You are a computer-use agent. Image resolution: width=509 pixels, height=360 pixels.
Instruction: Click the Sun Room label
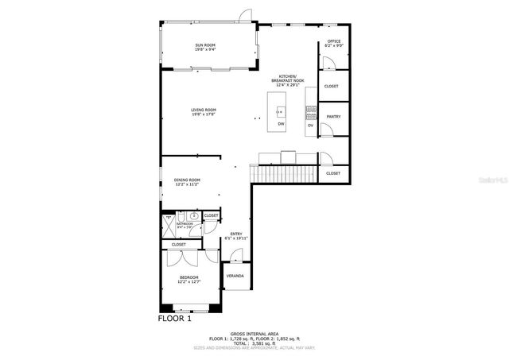206,45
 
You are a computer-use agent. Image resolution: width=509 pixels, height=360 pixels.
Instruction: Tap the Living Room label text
204,110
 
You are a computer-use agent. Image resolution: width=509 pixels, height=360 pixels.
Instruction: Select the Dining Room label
187,180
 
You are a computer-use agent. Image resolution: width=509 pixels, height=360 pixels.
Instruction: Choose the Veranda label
235,276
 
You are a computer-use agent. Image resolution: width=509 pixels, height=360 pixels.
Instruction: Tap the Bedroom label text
188,278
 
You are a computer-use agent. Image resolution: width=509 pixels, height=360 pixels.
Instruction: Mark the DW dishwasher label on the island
281,125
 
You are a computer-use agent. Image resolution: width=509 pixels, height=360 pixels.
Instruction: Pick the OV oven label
311,125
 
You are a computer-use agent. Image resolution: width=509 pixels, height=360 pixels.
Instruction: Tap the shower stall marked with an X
169,217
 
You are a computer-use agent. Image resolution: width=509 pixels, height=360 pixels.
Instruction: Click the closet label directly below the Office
332,86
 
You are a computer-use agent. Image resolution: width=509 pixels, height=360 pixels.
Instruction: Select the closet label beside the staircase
332,172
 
